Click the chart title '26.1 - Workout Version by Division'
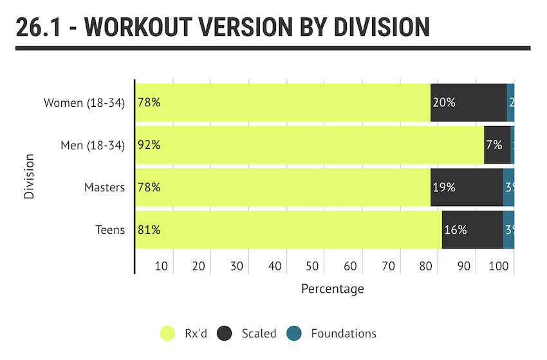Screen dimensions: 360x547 [x=222, y=27]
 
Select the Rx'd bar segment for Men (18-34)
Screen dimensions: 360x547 [x=309, y=145]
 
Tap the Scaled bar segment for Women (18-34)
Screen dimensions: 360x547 [x=468, y=102]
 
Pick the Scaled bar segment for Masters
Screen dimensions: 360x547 [x=467, y=187]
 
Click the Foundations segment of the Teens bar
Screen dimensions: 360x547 [x=508, y=230]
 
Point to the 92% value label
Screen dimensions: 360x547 [x=149, y=145]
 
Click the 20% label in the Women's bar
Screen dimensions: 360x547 [x=444, y=102]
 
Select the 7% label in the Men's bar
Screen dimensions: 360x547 [x=494, y=145]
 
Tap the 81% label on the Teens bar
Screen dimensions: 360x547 [x=149, y=230]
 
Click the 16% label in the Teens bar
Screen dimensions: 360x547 [x=455, y=230]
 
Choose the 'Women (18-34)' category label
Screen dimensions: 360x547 [x=84, y=102]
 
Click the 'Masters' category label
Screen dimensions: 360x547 [x=104, y=187]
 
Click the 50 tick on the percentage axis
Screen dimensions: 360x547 [x=312, y=266]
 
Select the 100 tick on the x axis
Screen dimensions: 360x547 [x=499, y=266]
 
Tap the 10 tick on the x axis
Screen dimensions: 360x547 [x=161, y=266]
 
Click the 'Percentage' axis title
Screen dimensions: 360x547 [x=332, y=289]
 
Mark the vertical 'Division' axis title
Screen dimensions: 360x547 [x=29, y=175]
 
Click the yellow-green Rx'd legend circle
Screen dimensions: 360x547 [x=167, y=333]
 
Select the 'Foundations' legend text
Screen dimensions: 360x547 [x=344, y=333]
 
